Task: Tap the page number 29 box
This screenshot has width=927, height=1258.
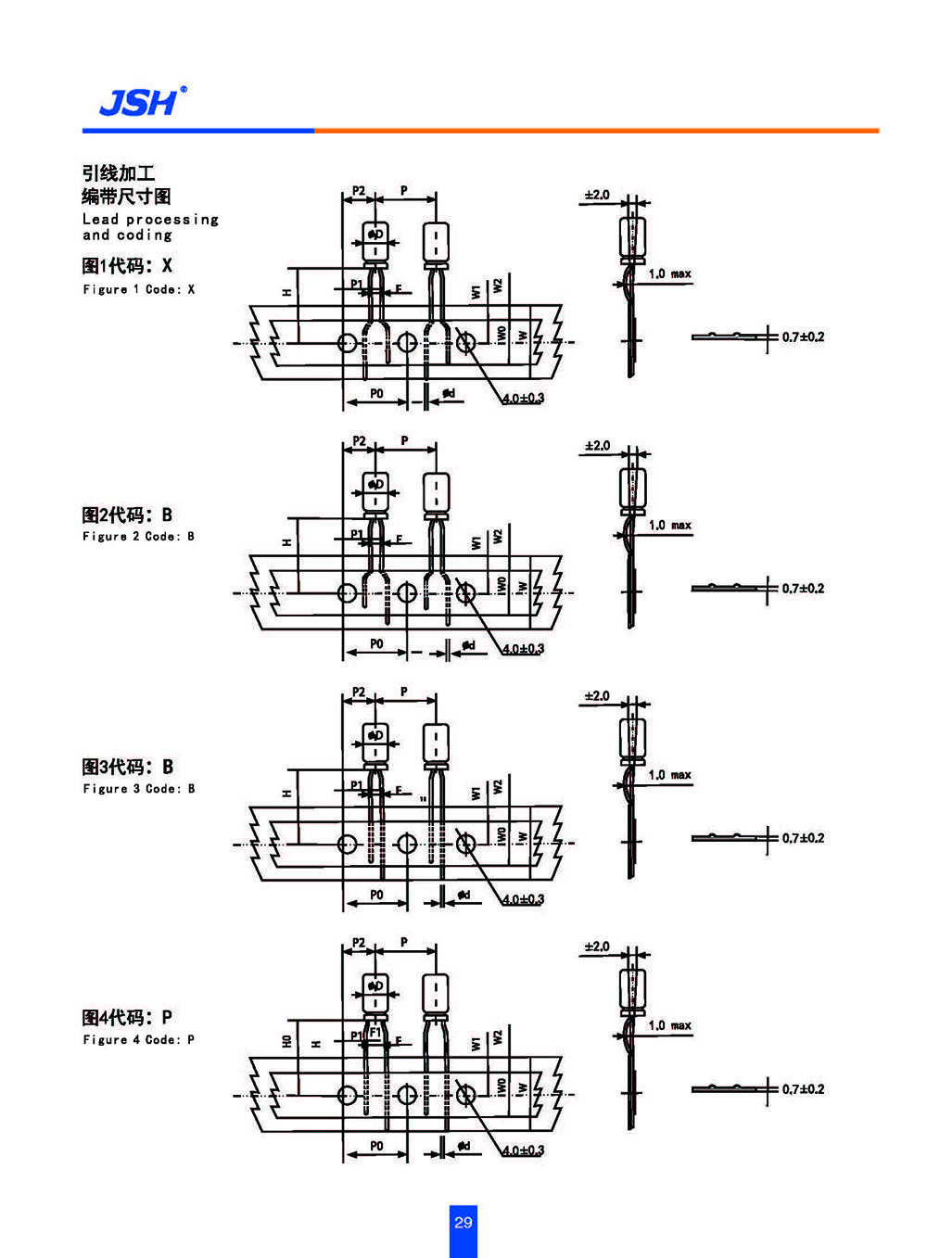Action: [463, 1223]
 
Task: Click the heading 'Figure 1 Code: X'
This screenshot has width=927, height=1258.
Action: [138, 289]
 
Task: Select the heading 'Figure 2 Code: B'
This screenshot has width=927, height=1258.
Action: [138, 536]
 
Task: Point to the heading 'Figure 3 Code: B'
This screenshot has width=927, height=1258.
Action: [138, 789]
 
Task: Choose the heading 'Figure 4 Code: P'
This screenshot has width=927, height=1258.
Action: [138, 1039]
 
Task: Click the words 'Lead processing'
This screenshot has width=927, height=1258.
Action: [150, 220]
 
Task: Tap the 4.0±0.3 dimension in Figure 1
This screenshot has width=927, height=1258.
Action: [523, 398]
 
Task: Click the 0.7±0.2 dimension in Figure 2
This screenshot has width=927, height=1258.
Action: [802, 588]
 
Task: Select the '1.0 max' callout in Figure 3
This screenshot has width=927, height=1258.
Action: [669, 775]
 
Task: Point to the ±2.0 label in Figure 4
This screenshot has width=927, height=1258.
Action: [597, 947]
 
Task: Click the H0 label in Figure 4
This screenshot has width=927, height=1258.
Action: [287, 1042]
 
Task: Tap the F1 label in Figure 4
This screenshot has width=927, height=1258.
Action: [375, 1032]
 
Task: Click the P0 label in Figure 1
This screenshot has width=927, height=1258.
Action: [376, 394]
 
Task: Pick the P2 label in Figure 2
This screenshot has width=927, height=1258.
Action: [359, 441]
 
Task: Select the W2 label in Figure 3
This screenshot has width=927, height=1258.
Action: [498, 786]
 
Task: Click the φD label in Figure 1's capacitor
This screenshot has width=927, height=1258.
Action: [375, 235]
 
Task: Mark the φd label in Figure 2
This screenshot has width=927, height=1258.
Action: [468, 644]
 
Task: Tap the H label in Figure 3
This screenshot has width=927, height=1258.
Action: [287, 794]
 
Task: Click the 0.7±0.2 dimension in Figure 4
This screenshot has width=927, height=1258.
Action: [802, 1089]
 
